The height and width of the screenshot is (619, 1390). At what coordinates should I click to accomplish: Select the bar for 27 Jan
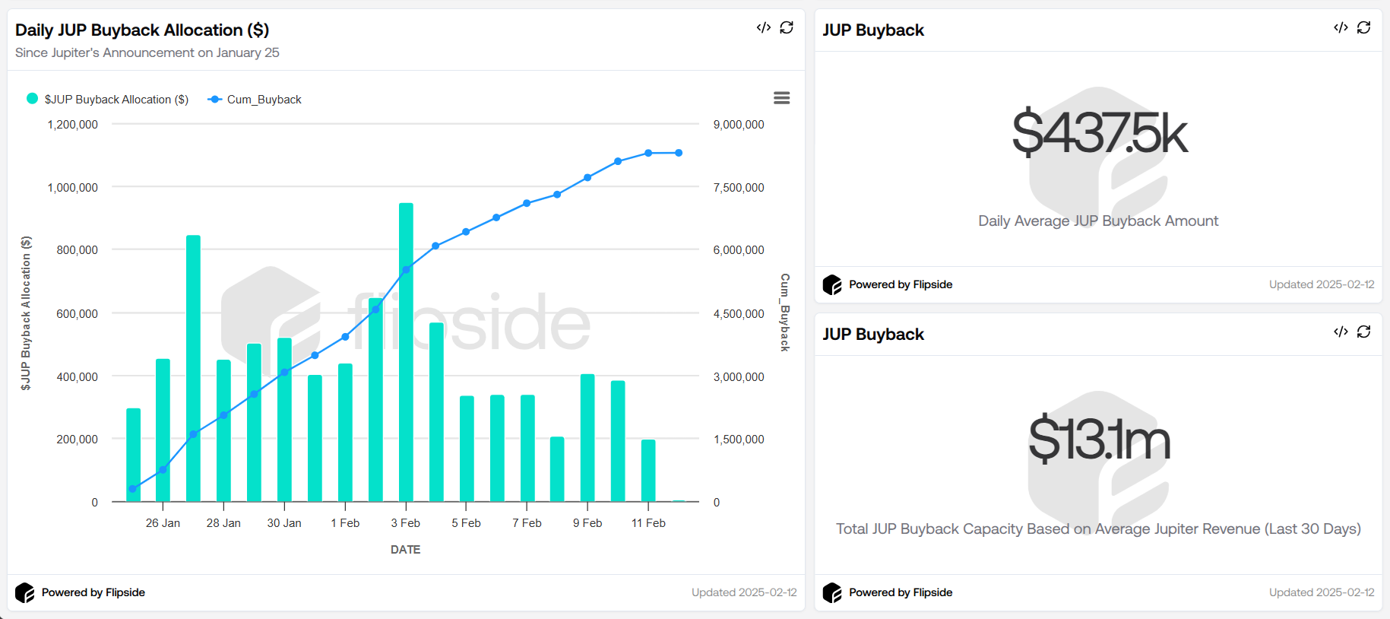[193, 368]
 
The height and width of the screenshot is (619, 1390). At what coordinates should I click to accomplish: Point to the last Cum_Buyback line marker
[679, 153]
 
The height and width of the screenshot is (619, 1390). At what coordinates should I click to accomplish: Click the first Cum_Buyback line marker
[133, 489]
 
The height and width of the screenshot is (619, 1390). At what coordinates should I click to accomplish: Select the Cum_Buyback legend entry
[255, 100]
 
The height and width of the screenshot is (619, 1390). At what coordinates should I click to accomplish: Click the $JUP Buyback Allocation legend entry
[108, 100]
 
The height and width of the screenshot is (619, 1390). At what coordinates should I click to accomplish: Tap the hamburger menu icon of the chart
[781, 98]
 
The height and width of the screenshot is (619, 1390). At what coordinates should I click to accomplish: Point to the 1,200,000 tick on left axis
[73, 125]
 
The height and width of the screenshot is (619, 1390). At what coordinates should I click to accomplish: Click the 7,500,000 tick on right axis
[738, 188]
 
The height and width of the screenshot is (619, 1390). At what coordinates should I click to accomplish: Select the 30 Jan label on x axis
[284, 523]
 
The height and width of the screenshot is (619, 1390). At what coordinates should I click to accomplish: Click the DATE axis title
[405, 550]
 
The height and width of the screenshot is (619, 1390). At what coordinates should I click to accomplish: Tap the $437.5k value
[1098, 133]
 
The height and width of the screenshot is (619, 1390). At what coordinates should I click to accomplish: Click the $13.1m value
[1098, 440]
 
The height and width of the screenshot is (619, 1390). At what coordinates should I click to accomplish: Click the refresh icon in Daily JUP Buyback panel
[787, 27]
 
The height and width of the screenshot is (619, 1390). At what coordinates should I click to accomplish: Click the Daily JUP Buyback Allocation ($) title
[142, 30]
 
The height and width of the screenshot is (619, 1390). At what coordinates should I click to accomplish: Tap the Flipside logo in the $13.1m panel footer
[832, 592]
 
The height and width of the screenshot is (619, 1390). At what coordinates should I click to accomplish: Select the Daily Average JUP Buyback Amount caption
[1098, 221]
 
